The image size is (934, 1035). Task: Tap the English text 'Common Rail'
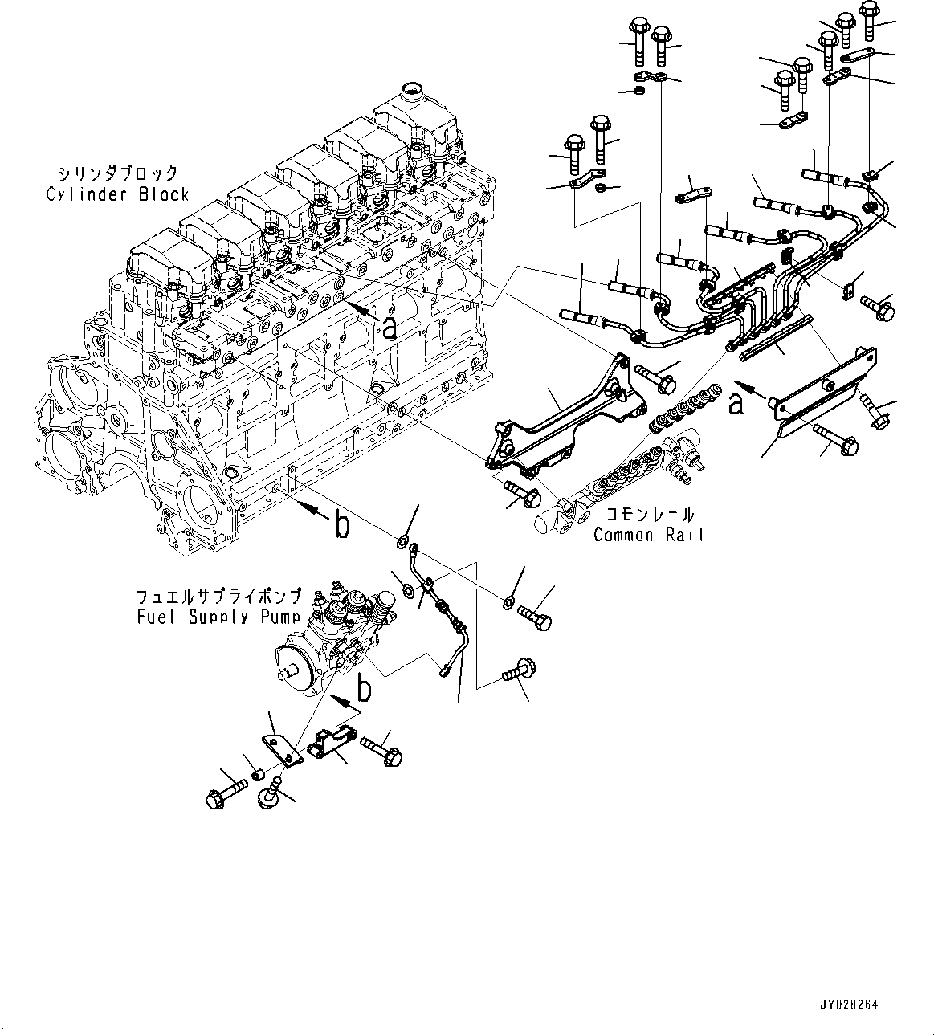pos(647,534)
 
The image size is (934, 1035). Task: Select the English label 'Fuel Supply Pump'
pos(218,617)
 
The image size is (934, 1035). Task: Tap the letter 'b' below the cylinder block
pos(342,526)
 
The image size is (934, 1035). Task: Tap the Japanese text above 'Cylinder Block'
pos(117,174)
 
